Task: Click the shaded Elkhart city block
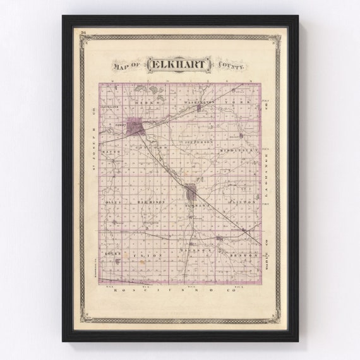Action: (x=136, y=127)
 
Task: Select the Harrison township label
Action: (x=152, y=202)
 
